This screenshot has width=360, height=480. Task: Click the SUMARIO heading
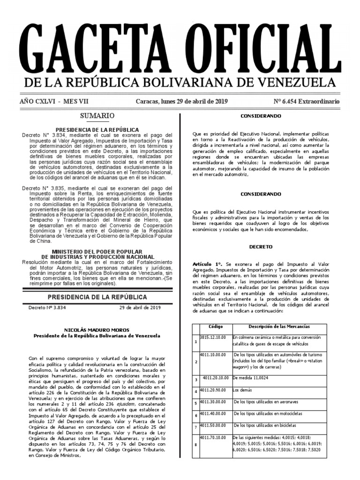97,115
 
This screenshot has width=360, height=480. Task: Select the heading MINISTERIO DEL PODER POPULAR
97,252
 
